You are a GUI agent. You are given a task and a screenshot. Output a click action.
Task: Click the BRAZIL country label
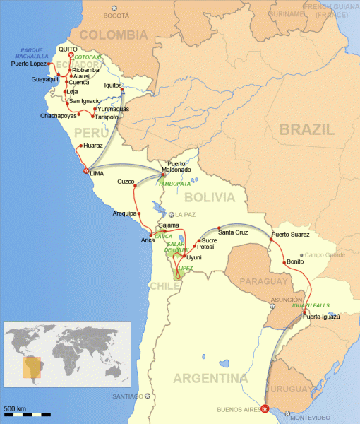306,129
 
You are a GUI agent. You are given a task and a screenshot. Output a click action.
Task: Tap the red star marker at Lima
86,171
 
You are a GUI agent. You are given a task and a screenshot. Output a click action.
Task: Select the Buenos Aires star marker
264,408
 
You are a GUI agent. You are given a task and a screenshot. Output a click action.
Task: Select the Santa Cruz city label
232,231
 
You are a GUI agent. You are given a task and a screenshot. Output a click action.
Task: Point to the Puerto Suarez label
291,234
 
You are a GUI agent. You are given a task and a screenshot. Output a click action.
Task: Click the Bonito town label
295,261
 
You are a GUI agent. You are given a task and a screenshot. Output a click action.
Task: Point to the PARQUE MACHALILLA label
34,53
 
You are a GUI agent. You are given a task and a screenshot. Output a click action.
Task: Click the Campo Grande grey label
324,254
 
